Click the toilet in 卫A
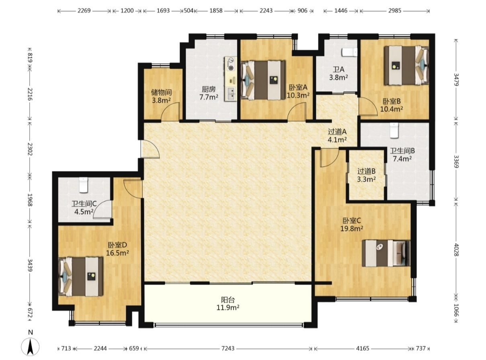(349, 52)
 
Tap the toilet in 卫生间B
(394, 131)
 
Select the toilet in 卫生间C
(83, 185)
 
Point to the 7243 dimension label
(228, 348)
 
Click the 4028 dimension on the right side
(456, 250)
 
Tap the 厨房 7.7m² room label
(209, 93)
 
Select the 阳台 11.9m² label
(228, 303)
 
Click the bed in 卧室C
(386, 253)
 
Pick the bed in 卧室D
(81, 276)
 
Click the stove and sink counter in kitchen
(230, 79)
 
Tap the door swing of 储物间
(170, 111)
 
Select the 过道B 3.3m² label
(366, 175)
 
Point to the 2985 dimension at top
(395, 10)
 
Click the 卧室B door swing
(368, 107)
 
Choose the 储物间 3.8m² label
(161, 96)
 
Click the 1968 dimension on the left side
(30, 200)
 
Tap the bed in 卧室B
(407, 65)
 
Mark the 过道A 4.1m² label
(337, 135)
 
